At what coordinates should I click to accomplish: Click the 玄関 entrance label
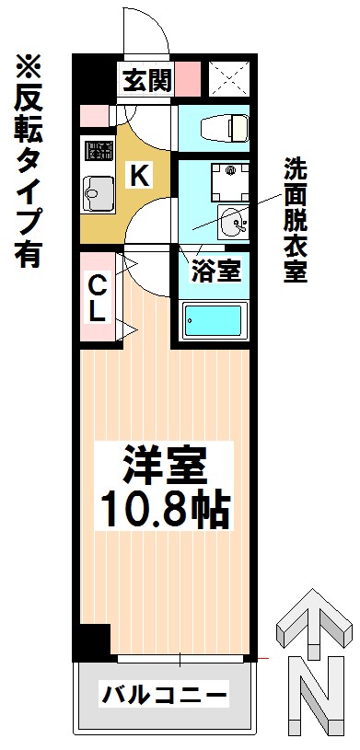[147, 80]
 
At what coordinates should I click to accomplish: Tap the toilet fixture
[225, 128]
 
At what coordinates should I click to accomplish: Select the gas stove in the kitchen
[99, 149]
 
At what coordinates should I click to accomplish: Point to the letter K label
[139, 175]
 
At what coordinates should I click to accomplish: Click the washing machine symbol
[231, 183]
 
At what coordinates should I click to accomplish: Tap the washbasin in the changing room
[233, 221]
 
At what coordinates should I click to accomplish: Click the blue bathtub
[214, 321]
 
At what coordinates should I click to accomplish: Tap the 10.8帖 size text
[164, 510]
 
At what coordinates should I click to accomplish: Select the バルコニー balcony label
[164, 694]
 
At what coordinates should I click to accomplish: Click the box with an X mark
[230, 76]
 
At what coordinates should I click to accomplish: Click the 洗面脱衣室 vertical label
[296, 220]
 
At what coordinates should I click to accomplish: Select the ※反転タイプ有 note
[29, 162]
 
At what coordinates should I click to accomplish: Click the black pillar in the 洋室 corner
[95, 640]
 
